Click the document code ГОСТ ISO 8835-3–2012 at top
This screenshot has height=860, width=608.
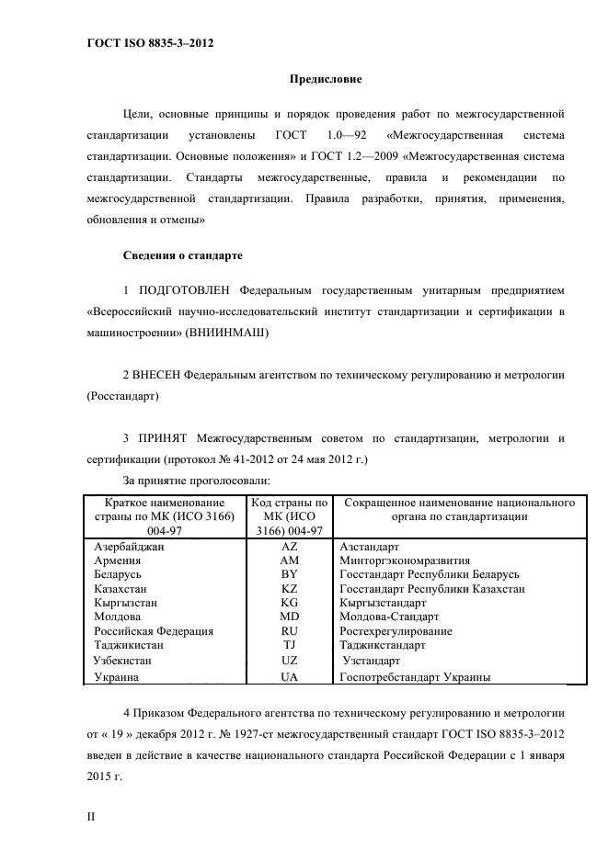pyautogui.click(x=151, y=43)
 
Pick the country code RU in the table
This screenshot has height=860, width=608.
pyautogui.click(x=289, y=631)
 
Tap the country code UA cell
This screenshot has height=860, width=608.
pyautogui.click(x=289, y=676)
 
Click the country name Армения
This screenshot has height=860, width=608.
pyautogui.click(x=118, y=560)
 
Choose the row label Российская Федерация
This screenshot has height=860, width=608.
pyautogui.click(x=154, y=631)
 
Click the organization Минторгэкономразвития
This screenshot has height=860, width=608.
pyautogui.click(x=404, y=560)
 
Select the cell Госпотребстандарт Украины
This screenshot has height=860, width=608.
pyautogui.click(x=414, y=676)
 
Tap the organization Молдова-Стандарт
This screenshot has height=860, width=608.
pyautogui.click(x=389, y=617)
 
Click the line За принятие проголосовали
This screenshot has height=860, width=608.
pyautogui.click(x=195, y=480)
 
